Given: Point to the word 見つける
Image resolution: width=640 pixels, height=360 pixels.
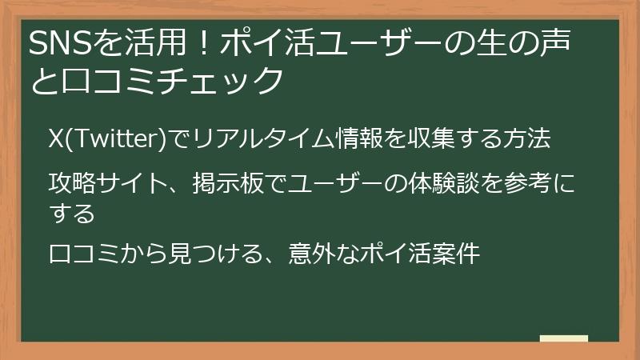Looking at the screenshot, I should pos(212,254).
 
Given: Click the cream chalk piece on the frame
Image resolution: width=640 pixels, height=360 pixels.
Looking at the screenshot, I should pos(563,338).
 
